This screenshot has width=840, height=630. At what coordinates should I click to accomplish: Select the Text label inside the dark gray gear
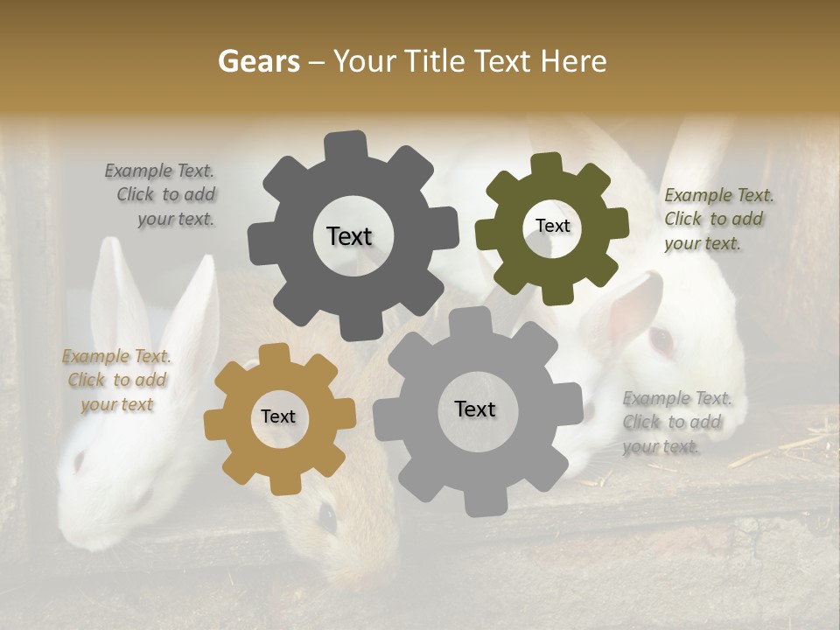[349, 236]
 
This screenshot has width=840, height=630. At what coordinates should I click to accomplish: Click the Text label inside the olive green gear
[552, 226]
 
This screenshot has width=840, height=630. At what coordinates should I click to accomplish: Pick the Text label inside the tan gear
[278, 416]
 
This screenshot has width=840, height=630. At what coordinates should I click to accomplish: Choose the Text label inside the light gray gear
[475, 409]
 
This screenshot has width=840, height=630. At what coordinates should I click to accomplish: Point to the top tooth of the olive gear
[545, 164]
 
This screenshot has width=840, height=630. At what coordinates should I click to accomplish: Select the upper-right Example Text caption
[717, 219]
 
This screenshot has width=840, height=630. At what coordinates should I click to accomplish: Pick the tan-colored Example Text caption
[116, 380]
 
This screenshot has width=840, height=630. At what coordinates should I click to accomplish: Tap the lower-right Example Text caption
[676, 422]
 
